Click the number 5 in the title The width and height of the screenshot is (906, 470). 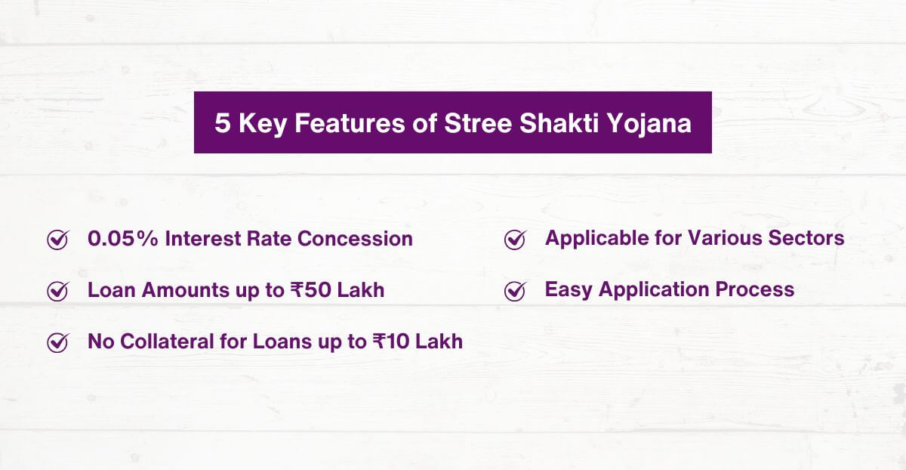(223, 123)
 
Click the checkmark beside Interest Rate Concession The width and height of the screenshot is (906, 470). (57, 240)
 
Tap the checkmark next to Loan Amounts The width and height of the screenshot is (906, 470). (57, 291)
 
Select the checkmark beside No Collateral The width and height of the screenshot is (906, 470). (57, 342)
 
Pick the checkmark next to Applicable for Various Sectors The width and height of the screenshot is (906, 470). (514, 240)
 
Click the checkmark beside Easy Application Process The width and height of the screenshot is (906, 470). (514, 291)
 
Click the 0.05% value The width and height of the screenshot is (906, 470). (123, 239)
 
